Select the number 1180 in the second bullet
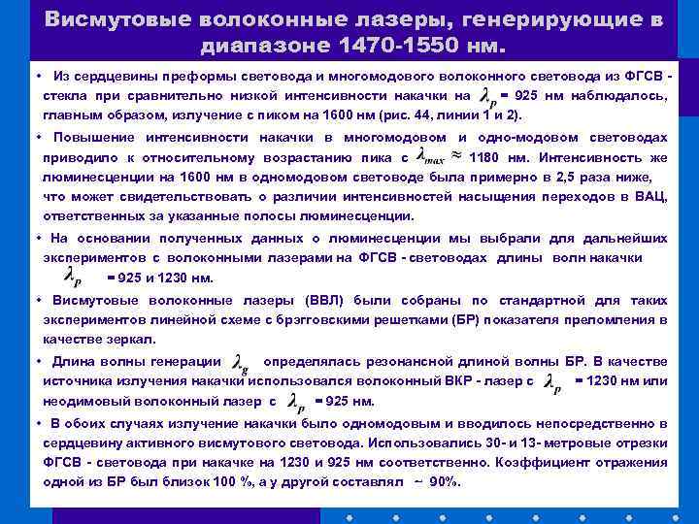pyautogui.click(x=487, y=156)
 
